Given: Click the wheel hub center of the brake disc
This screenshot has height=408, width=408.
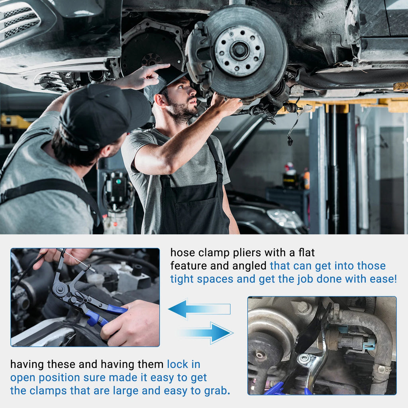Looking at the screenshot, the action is [239, 50].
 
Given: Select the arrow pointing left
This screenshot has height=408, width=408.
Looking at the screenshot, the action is [200, 309].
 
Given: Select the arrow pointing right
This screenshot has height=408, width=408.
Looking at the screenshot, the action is [206, 333].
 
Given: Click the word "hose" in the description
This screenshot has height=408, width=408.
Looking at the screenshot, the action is [182, 252].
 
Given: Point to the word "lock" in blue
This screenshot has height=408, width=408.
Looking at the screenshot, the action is [178, 364].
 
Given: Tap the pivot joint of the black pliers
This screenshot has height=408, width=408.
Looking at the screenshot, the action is [61, 289].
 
